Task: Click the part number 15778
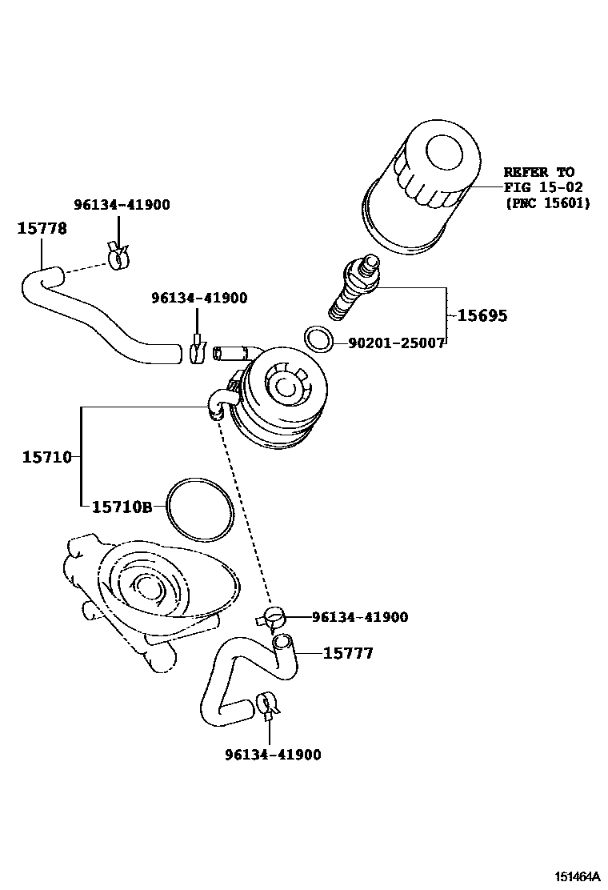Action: click(x=42, y=228)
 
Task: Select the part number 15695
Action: click(x=482, y=315)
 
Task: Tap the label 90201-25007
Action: click(x=396, y=343)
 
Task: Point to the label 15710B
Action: click(x=122, y=507)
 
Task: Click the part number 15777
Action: click(x=348, y=654)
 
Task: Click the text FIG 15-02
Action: click(x=543, y=187)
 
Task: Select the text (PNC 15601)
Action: click(x=547, y=203)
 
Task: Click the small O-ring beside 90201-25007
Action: click(x=318, y=339)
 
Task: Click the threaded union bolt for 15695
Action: click(x=352, y=292)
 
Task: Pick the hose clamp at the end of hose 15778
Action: click(x=116, y=256)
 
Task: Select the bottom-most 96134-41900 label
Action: click(x=273, y=755)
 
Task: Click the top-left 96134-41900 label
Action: click(x=122, y=205)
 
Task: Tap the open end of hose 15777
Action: click(x=283, y=641)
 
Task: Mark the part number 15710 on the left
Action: click(x=46, y=457)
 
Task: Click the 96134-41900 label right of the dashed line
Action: click(x=360, y=617)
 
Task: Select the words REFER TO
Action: click(x=538, y=171)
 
